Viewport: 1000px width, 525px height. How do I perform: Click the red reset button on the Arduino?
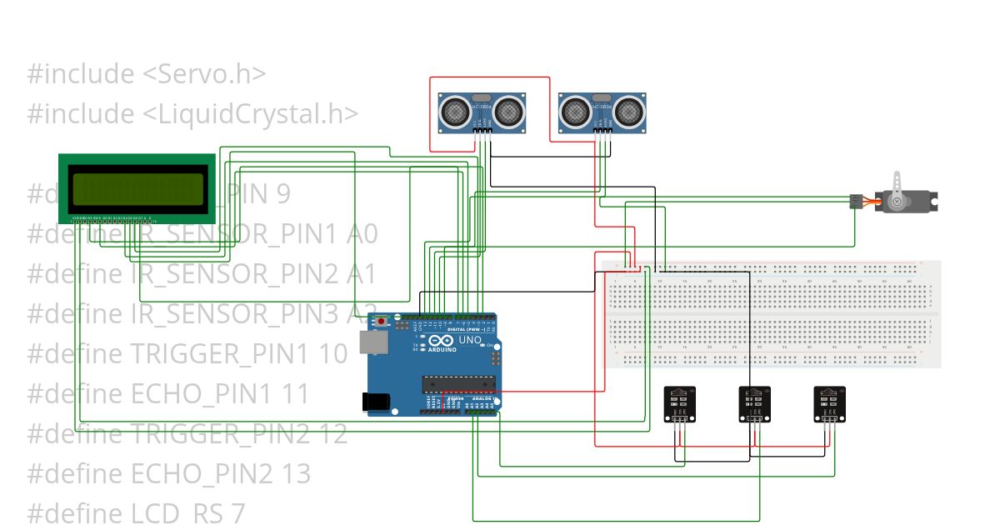click(x=382, y=322)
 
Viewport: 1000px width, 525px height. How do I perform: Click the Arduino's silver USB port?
click(x=372, y=341)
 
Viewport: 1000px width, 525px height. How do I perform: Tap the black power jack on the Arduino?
click(x=376, y=402)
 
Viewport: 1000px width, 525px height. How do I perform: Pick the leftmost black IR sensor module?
click(x=679, y=404)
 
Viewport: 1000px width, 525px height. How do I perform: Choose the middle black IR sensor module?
click(x=754, y=404)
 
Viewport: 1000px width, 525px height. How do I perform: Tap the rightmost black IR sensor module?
click(x=829, y=404)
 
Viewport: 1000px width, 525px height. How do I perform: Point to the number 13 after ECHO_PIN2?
click(x=295, y=473)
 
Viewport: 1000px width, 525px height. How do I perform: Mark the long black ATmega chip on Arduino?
click(x=458, y=383)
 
